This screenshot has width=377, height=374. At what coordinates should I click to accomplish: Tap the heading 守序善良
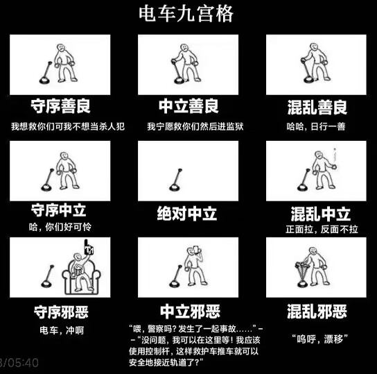point(60,106)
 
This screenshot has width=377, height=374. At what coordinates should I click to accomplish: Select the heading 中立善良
point(188,106)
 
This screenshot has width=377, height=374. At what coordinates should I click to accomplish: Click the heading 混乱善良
point(317,108)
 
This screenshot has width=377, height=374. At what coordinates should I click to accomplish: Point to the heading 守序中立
point(60,210)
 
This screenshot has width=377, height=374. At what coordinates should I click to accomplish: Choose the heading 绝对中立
point(188,213)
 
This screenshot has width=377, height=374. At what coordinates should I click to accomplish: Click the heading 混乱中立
point(317,213)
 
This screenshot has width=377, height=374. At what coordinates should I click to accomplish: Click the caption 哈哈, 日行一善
point(316,126)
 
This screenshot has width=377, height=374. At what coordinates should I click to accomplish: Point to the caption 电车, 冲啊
point(61,330)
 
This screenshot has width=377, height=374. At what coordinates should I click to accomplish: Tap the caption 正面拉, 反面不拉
point(316,229)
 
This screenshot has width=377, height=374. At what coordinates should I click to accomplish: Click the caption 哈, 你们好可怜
point(60,227)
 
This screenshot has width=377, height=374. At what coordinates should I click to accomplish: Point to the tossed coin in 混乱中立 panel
point(335,157)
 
